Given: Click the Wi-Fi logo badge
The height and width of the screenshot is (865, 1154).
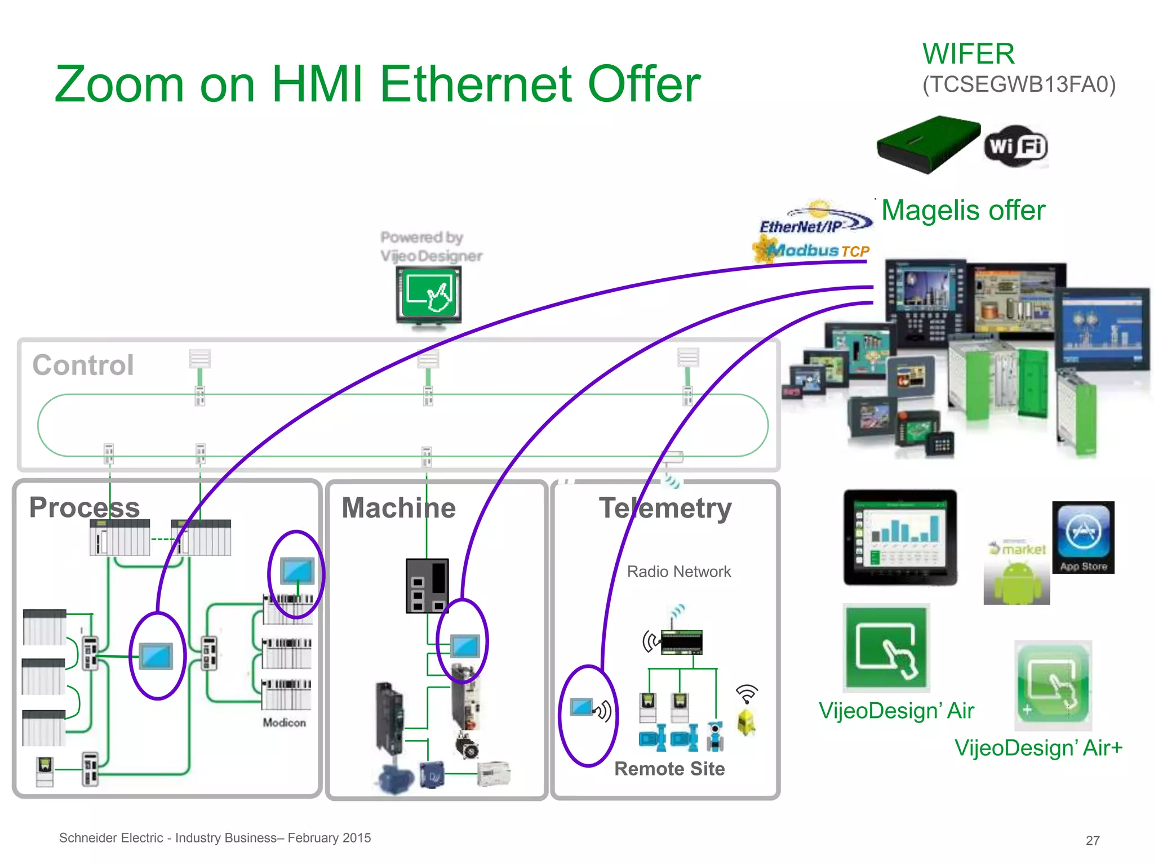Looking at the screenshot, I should pyautogui.click(x=1016, y=146).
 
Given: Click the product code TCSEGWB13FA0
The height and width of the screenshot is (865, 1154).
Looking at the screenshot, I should pyautogui.click(x=1019, y=84).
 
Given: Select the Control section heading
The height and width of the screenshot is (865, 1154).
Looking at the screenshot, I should pyautogui.click(x=83, y=365).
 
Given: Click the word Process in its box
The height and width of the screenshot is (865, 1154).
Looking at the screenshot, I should pyautogui.click(x=85, y=507).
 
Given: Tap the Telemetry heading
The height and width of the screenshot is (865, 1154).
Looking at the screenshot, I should pyautogui.click(x=665, y=508).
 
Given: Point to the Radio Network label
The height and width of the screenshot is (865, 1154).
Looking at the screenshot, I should pyautogui.click(x=678, y=572).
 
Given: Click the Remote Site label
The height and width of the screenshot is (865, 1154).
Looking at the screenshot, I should pyautogui.click(x=669, y=769).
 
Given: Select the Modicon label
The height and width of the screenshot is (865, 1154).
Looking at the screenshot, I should pyautogui.click(x=284, y=723).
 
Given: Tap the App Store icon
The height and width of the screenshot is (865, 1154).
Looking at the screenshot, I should pyautogui.click(x=1083, y=537).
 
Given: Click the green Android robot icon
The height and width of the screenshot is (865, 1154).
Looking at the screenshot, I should pyautogui.click(x=1017, y=583).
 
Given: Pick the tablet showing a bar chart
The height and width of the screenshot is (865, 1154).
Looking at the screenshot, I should pyautogui.click(x=900, y=538).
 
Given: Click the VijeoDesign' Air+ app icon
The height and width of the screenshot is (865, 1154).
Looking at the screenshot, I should pyautogui.click(x=1053, y=685).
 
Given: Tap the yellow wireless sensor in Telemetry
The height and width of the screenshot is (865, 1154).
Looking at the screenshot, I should pyautogui.click(x=747, y=723).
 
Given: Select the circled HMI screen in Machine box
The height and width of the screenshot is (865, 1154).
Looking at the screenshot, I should pyautogui.click(x=465, y=645).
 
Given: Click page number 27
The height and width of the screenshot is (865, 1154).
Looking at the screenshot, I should pyautogui.click(x=1093, y=840).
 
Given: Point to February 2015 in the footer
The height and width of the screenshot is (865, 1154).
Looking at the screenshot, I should pyautogui.click(x=329, y=838).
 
